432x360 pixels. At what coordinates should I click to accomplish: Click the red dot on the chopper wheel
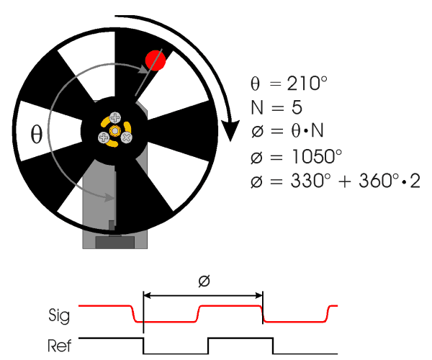coord(156,60)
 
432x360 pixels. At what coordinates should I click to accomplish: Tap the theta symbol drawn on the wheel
coord(37,134)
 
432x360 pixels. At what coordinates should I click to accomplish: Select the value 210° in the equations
coord(307,84)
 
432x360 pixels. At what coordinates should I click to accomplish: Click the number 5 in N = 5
coord(297,107)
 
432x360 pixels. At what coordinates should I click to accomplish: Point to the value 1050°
coord(317,156)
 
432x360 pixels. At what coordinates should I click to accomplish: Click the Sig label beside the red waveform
coord(59,315)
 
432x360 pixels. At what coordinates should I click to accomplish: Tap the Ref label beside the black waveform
coord(60,346)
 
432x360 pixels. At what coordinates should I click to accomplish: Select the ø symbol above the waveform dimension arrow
coord(204,281)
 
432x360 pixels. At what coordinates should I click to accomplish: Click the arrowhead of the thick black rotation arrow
coord(230,130)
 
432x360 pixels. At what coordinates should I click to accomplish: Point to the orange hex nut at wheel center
coord(115,130)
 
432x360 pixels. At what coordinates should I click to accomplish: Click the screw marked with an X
coord(127,138)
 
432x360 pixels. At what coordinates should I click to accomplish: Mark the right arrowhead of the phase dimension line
coord(258,295)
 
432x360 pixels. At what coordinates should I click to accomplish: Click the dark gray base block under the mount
coord(115,243)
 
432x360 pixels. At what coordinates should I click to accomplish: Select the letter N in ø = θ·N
coord(317,130)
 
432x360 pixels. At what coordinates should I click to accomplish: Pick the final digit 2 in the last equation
coord(415,181)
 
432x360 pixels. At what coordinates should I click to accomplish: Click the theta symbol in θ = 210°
coord(256,84)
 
